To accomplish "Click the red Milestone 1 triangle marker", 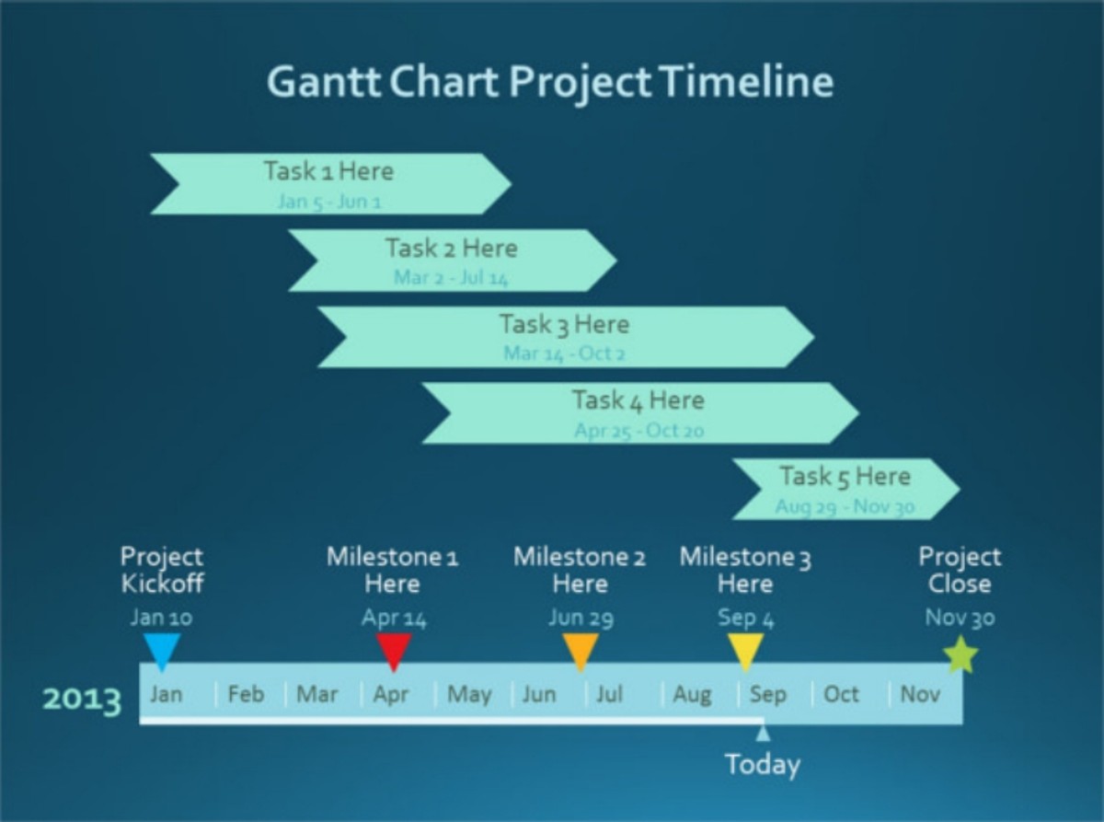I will tap(394, 650).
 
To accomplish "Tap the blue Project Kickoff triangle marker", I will tap(161, 650).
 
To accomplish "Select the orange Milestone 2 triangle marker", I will tap(581, 650).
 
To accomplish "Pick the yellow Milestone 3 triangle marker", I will tap(745, 650).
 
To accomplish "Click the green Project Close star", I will tap(960, 654).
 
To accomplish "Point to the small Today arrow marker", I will tap(763, 733).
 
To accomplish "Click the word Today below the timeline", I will tap(763, 765).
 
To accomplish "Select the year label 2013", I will tap(82, 700).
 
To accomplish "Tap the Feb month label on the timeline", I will tap(246, 694).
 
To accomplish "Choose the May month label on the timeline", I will tap(469, 694).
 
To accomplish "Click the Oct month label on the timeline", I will tap(841, 694).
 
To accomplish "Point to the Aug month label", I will tap(692, 694).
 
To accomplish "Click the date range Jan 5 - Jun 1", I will tap(328, 202).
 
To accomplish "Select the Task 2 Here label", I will tap(451, 248).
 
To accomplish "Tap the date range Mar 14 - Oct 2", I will tap(565, 353).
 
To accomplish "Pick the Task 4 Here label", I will tap(638, 400).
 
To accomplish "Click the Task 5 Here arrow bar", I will tap(845, 489).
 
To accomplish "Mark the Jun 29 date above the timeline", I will tap(581, 618).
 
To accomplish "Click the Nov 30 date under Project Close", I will tap(960, 618).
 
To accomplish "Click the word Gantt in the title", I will tap(323, 82).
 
